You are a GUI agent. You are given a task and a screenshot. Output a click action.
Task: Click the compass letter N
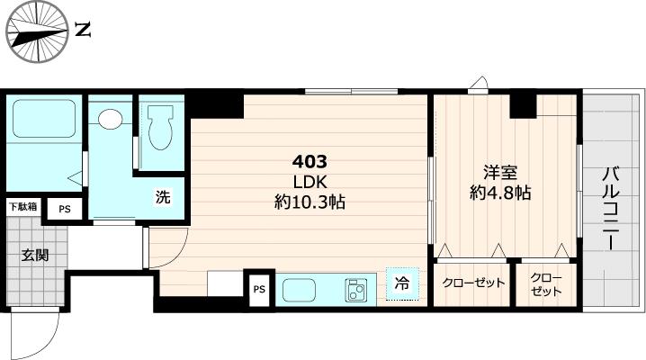[84, 30]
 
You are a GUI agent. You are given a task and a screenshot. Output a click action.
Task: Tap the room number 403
[310, 162]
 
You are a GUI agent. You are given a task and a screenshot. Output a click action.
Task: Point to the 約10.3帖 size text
[310, 202]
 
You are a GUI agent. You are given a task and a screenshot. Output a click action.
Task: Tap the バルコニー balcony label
[611, 208]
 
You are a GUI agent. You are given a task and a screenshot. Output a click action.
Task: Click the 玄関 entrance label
[35, 255]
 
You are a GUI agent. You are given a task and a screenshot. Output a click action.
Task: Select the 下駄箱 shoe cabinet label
[23, 207]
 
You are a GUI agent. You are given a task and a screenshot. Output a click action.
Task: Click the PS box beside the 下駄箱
[64, 209]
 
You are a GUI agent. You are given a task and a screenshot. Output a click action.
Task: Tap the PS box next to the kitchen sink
[259, 289]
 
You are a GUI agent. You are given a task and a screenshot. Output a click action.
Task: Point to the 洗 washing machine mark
[163, 198]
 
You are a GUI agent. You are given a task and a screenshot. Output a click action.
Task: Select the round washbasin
[111, 119]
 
